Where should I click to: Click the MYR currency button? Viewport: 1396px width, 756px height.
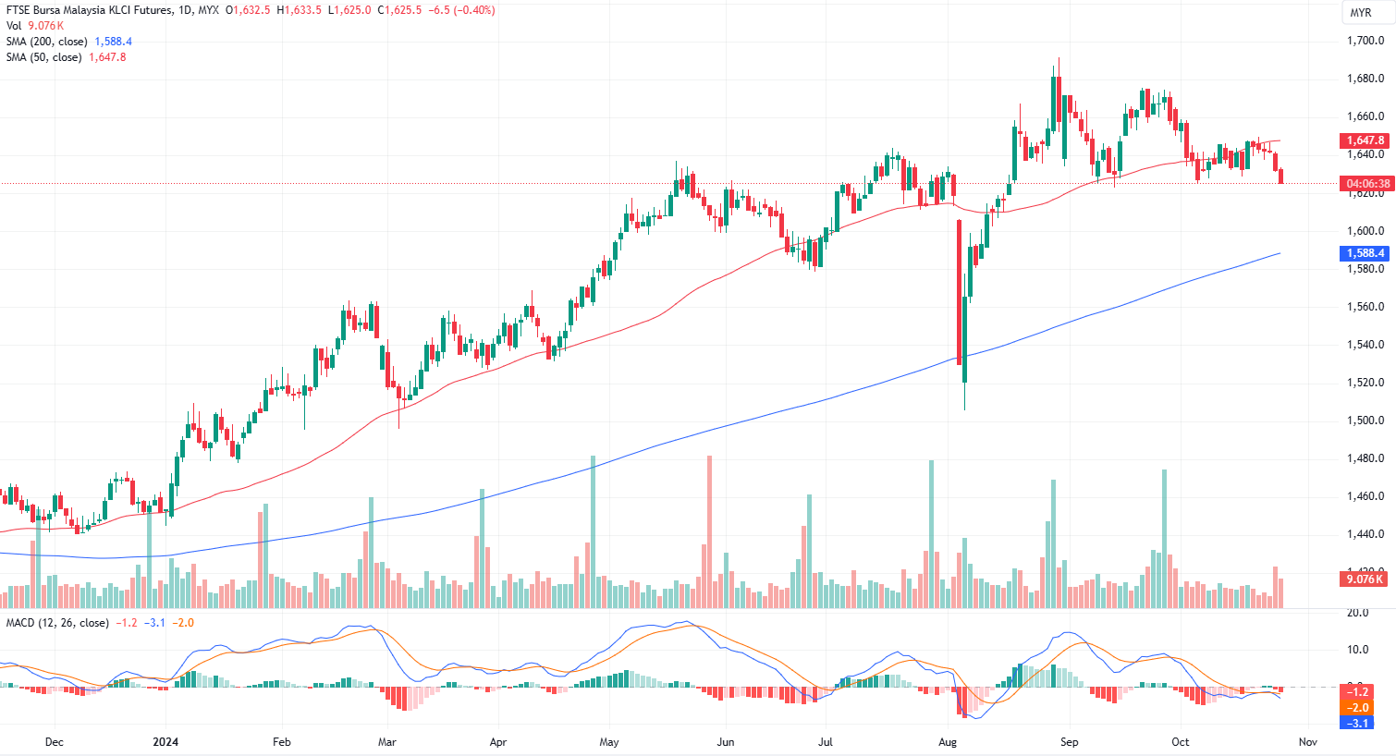pyautogui.click(x=1361, y=13)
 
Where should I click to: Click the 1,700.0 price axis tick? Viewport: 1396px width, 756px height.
pyautogui.click(x=1365, y=41)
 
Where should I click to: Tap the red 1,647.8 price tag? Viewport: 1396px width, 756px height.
pyautogui.click(x=1365, y=140)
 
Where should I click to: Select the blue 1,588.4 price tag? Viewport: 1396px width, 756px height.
pyautogui.click(x=1365, y=253)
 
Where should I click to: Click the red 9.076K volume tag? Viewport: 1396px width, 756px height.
pyautogui.click(x=1365, y=579)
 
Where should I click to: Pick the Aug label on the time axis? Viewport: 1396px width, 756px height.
pyautogui.click(x=948, y=742)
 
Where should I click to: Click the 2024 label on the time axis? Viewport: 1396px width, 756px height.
pyautogui.click(x=165, y=742)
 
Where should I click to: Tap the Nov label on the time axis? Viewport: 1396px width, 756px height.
pyautogui.click(x=1307, y=742)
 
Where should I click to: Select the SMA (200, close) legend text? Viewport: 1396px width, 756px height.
pyautogui.click(x=47, y=42)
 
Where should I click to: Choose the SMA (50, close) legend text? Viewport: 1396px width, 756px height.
pyautogui.click(x=44, y=57)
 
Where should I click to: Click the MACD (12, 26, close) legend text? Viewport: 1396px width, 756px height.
pyautogui.click(x=57, y=623)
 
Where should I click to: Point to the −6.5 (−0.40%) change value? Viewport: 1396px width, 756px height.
pyautogui.click(x=462, y=10)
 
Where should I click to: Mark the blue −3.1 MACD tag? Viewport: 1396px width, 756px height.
pyautogui.click(x=1357, y=723)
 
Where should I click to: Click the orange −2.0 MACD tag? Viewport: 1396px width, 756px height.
pyautogui.click(x=1357, y=708)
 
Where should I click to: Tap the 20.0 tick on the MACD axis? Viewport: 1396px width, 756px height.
pyautogui.click(x=1357, y=613)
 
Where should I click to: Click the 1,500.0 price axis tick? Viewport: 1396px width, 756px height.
pyautogui.click(x=1365, y=421)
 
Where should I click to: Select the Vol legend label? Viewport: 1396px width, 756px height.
pyautogui.click(x=14, y=26)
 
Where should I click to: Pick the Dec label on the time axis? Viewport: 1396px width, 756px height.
pyautogui.click(x=54, y=742)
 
